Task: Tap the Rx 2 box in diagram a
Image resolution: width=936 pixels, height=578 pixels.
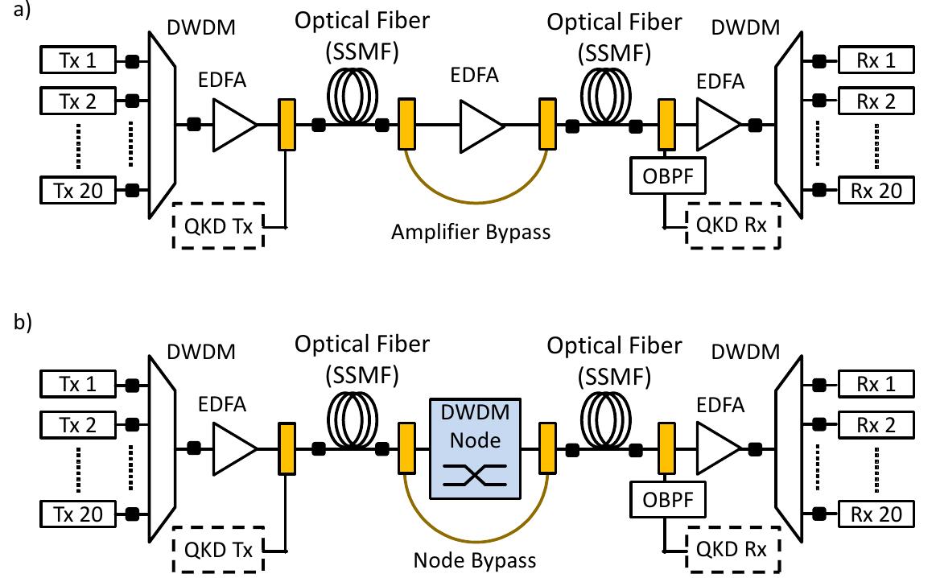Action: tap(877, 101)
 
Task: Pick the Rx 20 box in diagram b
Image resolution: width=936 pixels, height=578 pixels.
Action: tap(877, 514)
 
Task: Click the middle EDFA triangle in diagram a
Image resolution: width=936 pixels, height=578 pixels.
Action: tap(479, 125)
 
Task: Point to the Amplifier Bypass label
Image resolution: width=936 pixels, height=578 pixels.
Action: tap(471, 233)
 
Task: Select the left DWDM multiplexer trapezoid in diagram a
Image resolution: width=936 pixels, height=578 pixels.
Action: tap(163, 125)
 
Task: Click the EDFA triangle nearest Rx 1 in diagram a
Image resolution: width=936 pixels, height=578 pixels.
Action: tap(715, 125)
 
